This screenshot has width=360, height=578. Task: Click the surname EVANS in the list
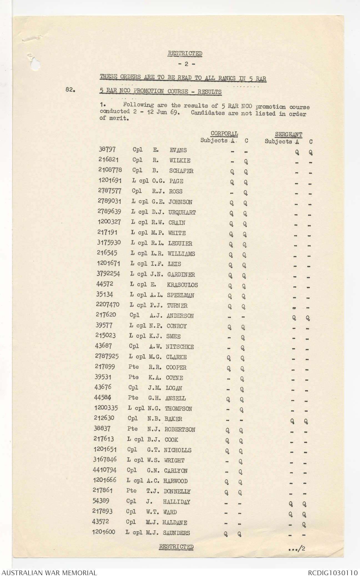click(x=178, y=150)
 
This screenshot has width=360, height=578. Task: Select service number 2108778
click(x=110, y=171)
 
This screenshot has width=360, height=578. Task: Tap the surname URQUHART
click(x=182, y=212)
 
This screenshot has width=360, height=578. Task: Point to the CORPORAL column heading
click(x=224, y=134)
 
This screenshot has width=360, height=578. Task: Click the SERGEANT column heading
click(x=288, y=135)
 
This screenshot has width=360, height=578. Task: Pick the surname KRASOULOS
click(x=182, y=285)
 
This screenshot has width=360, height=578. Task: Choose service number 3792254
click(x=109, y=274)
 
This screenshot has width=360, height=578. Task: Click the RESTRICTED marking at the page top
click(x=185, y=53)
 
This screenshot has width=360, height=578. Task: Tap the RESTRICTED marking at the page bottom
click(x=176, y=547)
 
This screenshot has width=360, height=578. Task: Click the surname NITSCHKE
click(x=180, y=347)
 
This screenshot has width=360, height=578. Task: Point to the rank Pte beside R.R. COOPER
click(x=134, y=367)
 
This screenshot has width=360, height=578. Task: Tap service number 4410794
click(x=105, y=470)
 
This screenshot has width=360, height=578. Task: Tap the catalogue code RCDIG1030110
click(x=333, y=572)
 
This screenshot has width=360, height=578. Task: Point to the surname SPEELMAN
click(x=180, y=295)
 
